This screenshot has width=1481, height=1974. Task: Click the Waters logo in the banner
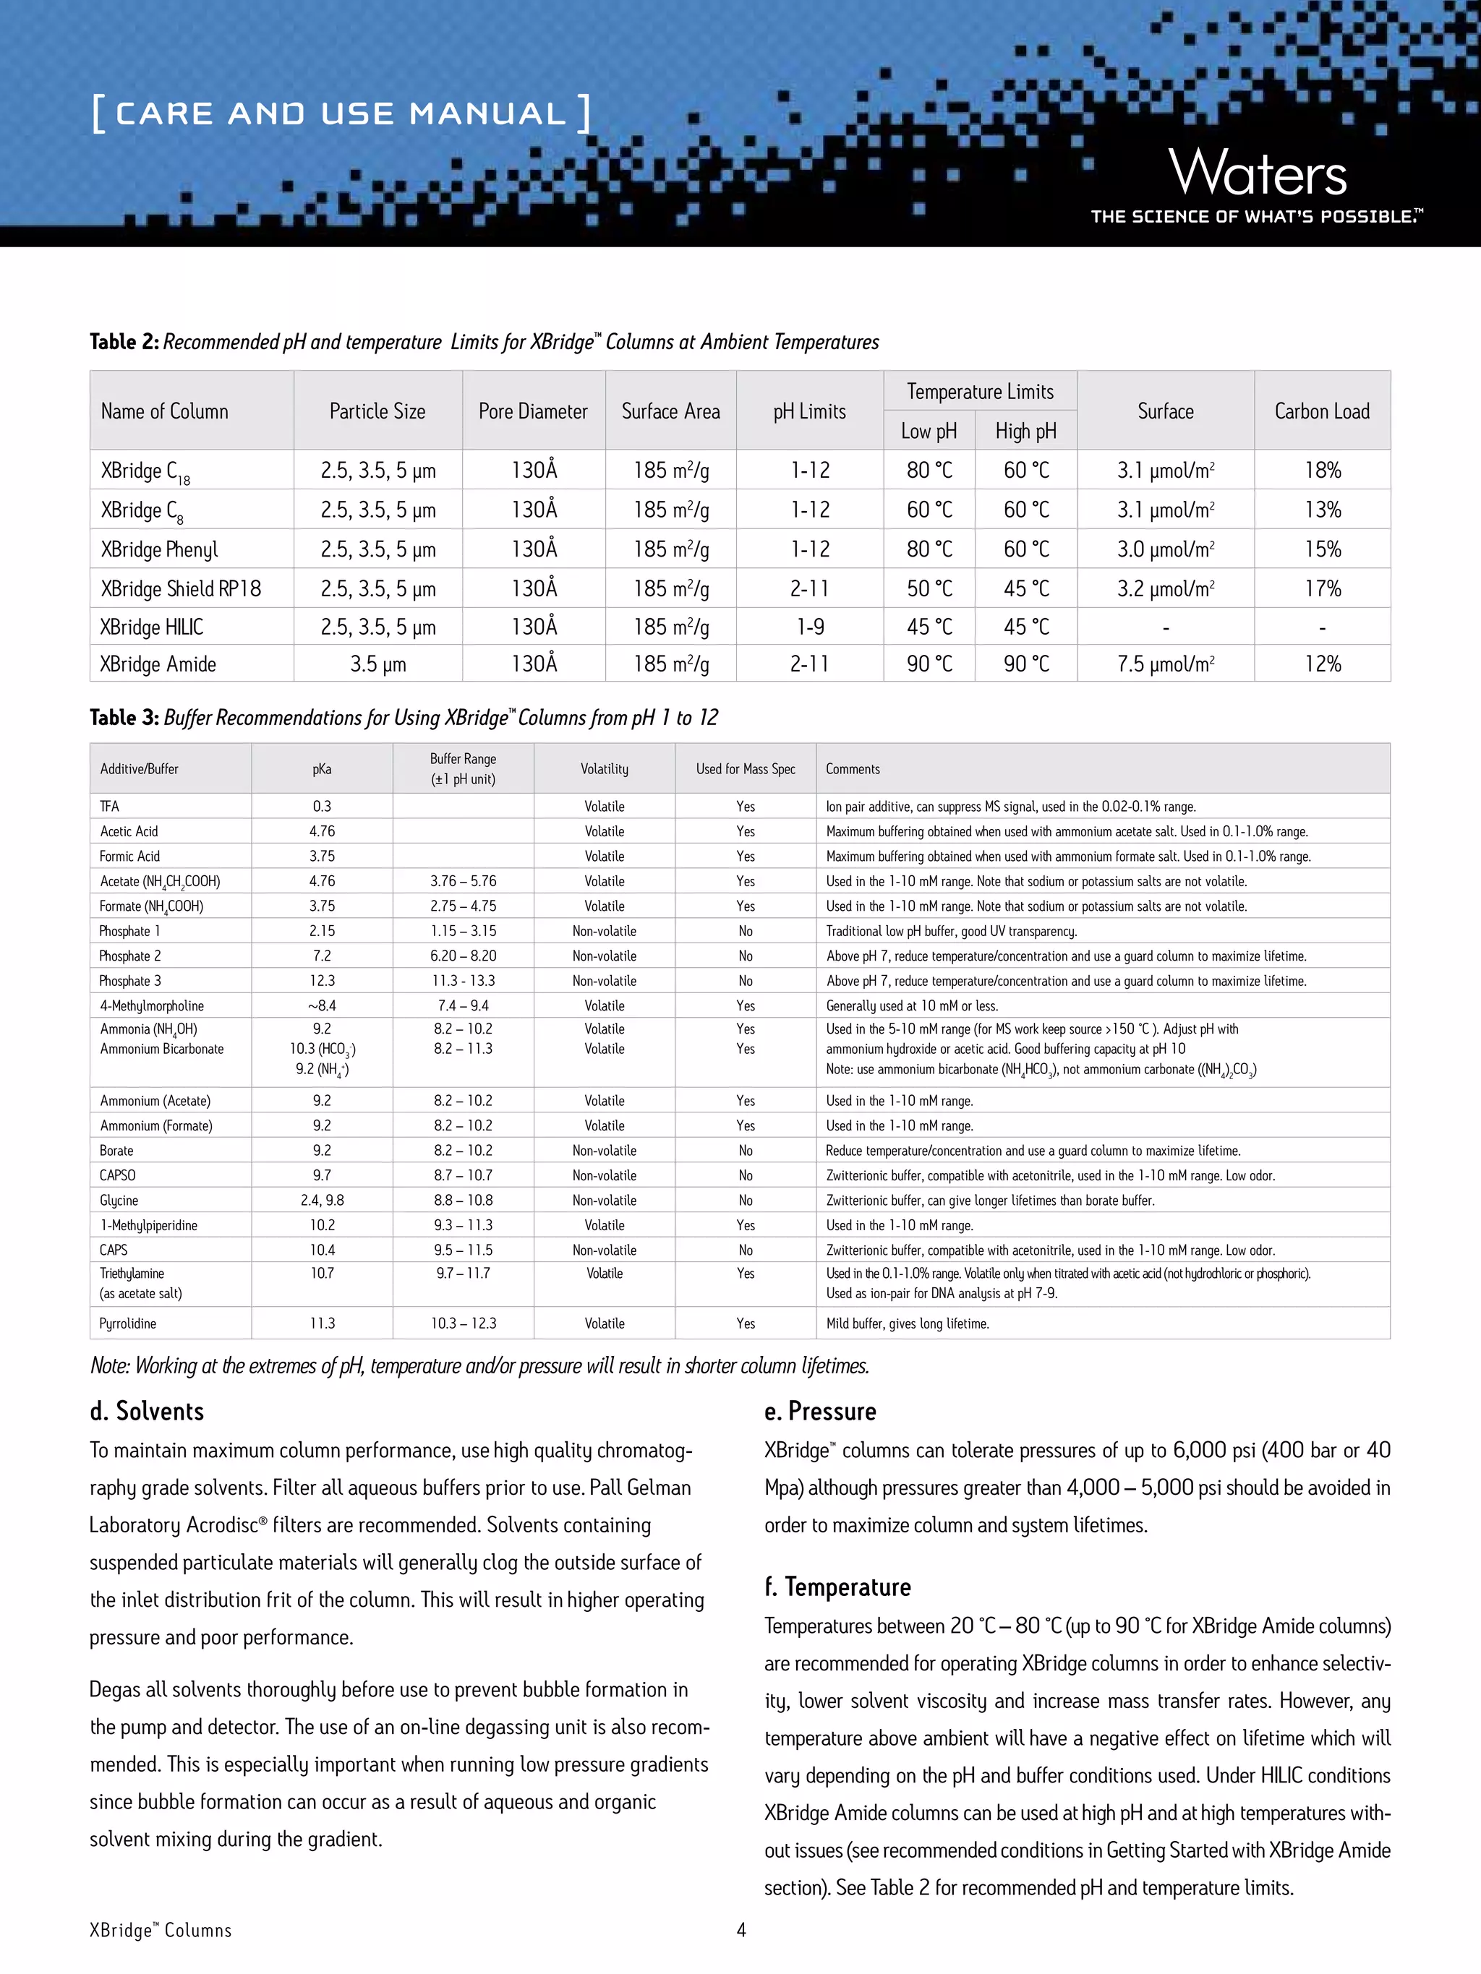1257,174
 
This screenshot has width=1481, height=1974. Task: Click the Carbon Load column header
1321,411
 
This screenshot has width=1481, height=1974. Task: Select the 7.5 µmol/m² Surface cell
1165,664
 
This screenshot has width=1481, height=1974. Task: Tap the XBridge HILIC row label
152,627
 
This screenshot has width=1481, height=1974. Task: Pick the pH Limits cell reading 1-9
810,627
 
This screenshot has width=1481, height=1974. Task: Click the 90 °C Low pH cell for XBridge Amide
929,664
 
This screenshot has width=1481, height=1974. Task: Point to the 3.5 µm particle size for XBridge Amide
377,664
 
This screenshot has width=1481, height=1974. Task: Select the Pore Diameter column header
533,411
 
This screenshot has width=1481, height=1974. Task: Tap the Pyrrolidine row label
128,1323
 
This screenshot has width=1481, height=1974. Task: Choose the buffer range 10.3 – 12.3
464,1323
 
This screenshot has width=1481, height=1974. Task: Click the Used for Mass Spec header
746,768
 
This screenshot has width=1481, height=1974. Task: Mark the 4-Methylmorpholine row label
152,1005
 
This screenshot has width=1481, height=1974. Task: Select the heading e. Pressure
819,1411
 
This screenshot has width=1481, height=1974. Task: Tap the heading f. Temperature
837,1587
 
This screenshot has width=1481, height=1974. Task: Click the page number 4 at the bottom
741,1929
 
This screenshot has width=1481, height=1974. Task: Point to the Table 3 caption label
124,718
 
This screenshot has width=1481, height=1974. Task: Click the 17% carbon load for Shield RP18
1322,588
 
